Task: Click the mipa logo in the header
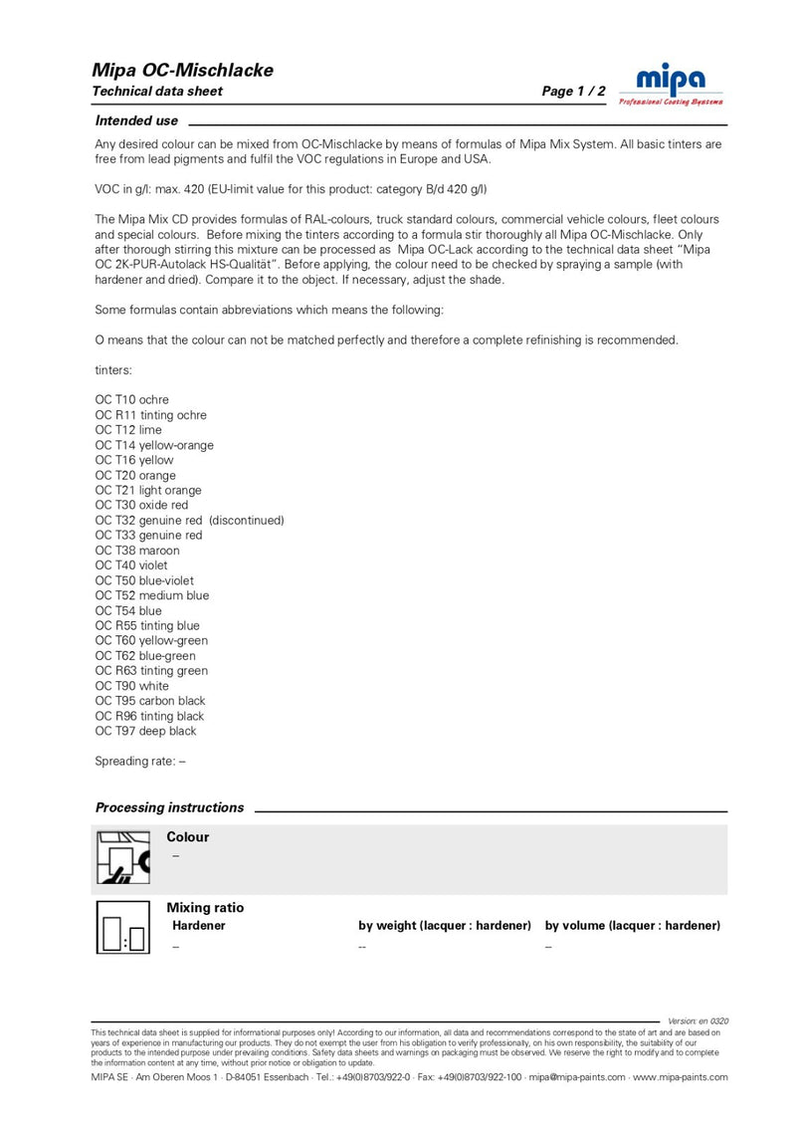[671, 82]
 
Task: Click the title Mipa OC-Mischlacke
[182, 70]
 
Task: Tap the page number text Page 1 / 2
[573, 92]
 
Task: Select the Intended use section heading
[136, 120]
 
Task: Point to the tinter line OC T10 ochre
[132, 400]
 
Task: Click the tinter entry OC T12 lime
[128, 430]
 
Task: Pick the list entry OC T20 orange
[134, 475]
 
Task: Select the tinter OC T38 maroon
[137, 551]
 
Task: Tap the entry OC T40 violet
[131, 565]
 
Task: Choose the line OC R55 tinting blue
[147, 625]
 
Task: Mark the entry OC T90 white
[132, 686]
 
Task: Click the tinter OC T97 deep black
[145, 731]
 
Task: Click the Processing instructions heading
[169, 807]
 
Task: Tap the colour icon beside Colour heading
[122, 857]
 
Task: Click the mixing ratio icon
[122, 928]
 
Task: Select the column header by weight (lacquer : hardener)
[445, 926]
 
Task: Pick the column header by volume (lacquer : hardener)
[633, 926]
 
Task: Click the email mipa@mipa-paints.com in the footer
[577, 1077]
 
